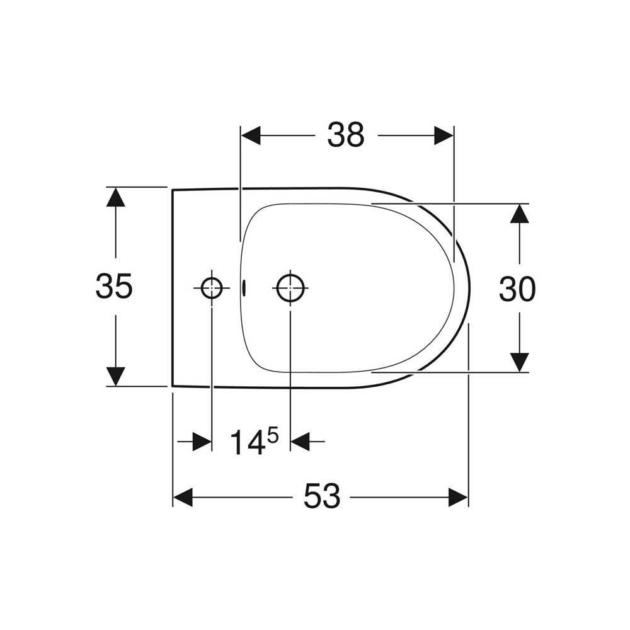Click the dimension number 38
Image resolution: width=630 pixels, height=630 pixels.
(x=345, y=135)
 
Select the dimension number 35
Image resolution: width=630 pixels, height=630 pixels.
(x=113, y=286)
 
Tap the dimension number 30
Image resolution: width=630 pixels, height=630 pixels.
(x=517, y=289)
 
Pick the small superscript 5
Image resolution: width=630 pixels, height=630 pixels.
(x=273, y=435)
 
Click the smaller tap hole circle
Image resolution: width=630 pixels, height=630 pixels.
(x=212, y=288)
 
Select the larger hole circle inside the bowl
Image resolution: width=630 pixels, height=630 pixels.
(x=290, y=288)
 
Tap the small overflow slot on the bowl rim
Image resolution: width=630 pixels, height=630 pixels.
(x=244, y=288)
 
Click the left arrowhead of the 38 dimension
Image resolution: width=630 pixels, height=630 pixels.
(x=251, y=135)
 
